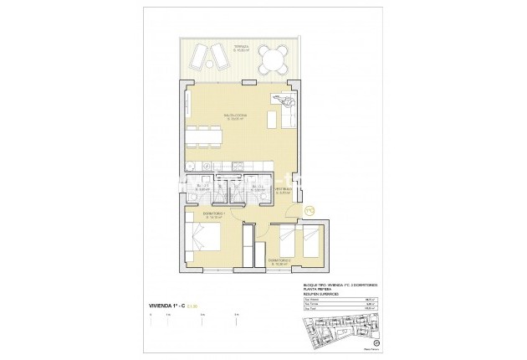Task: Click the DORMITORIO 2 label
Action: point(279,260)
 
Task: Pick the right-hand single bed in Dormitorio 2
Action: point(310,240)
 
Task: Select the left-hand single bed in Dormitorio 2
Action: point(289,240)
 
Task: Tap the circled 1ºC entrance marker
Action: point(308,209)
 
